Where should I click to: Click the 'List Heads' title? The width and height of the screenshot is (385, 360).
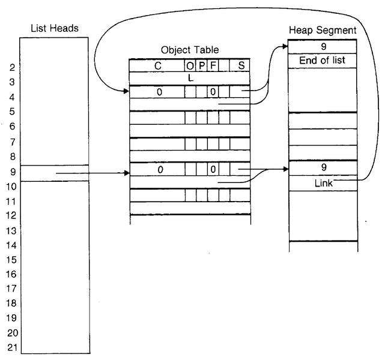point(53,29)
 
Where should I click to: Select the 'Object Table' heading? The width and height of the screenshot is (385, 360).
point(190,50)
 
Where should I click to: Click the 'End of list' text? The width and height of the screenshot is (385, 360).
point(323,60)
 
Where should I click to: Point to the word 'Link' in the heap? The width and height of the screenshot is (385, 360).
point(323,183)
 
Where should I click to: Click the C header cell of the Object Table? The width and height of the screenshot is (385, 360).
point(157,67)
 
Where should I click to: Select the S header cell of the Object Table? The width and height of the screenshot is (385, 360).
point(241,67)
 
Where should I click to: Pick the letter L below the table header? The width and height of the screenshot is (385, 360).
point(190,78)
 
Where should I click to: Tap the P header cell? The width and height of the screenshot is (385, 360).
point(201,67)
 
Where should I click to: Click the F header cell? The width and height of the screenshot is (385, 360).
point(213,67)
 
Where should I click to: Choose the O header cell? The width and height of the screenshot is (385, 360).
point(190,67)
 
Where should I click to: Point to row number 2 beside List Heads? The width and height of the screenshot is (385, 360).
point(12,68)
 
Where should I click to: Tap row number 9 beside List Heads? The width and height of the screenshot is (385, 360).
point(12,172)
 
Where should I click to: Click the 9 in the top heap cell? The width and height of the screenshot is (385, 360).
point(323,46)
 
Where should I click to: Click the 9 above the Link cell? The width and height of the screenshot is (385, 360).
point(323,169)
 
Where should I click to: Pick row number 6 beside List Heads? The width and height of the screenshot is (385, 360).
point(12,127)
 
